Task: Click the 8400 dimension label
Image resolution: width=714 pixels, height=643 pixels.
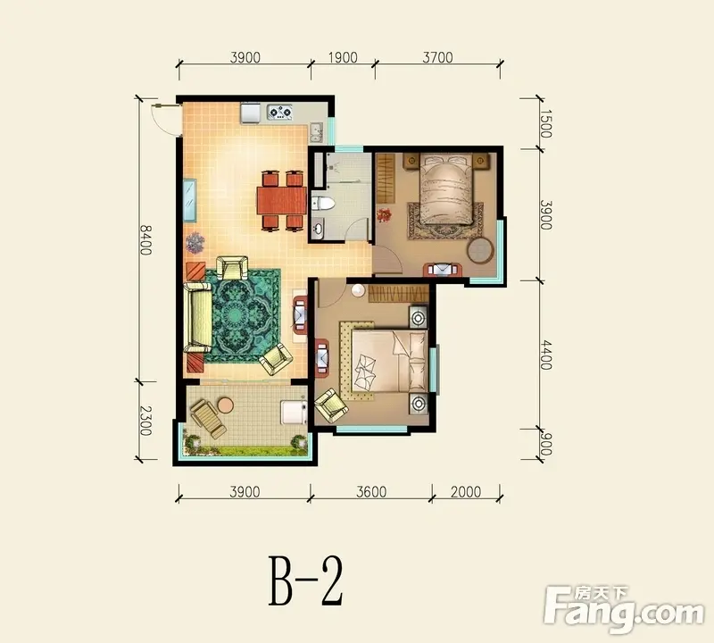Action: coord(145,239)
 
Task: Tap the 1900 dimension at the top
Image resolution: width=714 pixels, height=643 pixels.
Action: coord(343,57)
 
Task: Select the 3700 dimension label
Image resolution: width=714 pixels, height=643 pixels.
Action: coord(437,57)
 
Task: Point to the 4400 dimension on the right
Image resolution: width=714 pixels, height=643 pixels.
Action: coord(546,355)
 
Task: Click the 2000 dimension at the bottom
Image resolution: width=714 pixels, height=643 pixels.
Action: coord(466,492)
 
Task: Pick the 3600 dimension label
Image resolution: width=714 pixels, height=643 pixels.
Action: coord(371,492)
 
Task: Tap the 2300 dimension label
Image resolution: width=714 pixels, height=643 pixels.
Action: coord(145,420)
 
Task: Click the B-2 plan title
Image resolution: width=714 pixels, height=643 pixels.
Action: coord(305,580)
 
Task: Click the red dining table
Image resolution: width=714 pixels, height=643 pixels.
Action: coord(281,200)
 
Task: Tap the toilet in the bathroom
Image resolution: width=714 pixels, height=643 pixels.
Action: coord(322,204)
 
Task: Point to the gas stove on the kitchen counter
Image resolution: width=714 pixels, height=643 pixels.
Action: coord(279,113)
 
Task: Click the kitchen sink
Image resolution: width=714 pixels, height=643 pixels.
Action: coord(317,132)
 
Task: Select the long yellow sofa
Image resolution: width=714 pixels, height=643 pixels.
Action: coord(197,318)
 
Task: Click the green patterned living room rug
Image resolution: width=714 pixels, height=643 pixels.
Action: coord(243,315)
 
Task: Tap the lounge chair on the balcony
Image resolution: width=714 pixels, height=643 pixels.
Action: coord(209,419)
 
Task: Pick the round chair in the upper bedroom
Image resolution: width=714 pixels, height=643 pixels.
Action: coord(480,251)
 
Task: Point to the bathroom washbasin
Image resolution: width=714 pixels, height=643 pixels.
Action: coord(319,228)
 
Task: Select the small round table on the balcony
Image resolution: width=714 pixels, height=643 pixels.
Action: coord(225,405)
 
